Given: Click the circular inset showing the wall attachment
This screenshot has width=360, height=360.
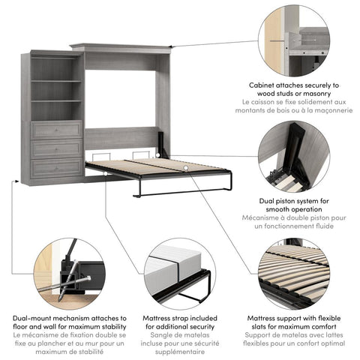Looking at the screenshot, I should pyautogui.click(x=293, y=39).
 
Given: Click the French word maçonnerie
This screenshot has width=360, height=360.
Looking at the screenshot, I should pyautogui.click(x=330, y=110).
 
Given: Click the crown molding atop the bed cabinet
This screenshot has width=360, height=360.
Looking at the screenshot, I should pyautogui.click(x=124, y=48).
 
